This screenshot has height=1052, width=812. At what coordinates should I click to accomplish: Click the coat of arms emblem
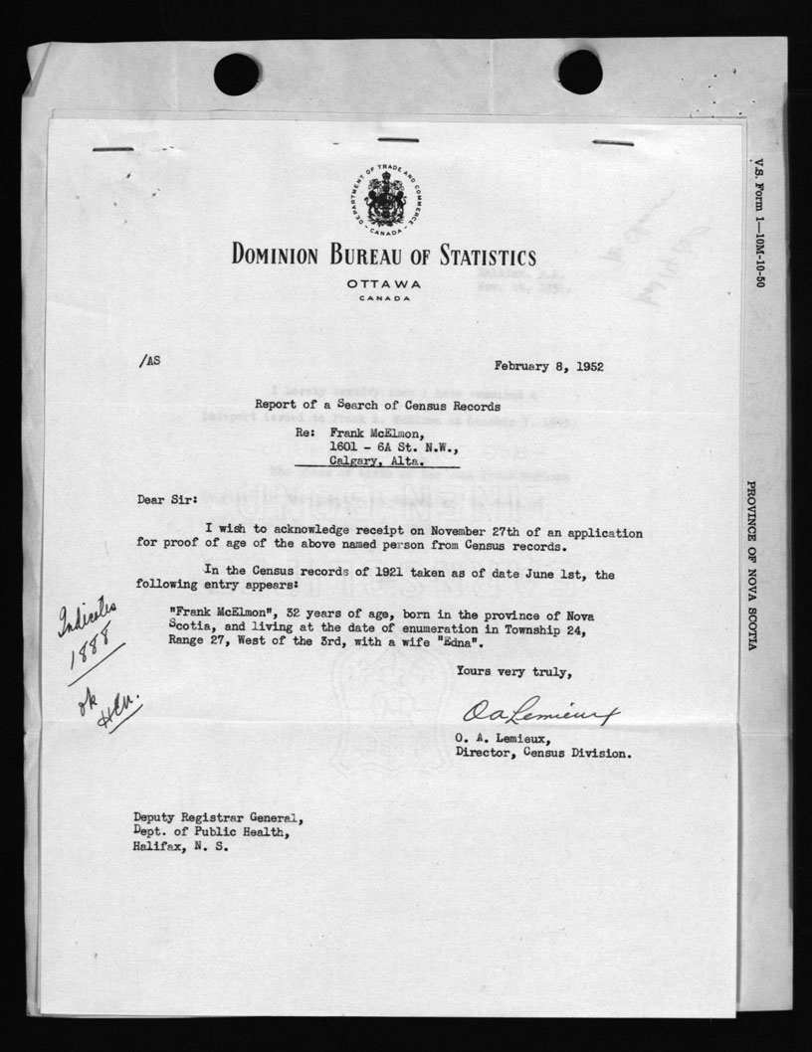click(x=384, y=198)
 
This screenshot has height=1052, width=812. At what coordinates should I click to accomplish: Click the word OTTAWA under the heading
click(x=384, y=285)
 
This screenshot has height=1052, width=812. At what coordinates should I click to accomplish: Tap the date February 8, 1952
click(x=547, y=366)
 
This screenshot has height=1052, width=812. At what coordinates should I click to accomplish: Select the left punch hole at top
click(x=236, y=75)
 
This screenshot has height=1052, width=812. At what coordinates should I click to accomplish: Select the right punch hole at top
click(x=579, y=72)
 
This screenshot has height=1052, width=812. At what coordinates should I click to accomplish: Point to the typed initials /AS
click(x=148, y=364)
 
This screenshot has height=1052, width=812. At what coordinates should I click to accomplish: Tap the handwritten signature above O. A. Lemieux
click(x=539, y=713)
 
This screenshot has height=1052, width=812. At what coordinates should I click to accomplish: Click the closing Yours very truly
click(x=513, y=673)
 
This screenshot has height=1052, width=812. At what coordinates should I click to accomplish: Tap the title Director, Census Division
click(x=542, y=753)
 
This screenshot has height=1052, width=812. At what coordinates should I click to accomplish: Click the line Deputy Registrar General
click(x=219, y=818)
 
